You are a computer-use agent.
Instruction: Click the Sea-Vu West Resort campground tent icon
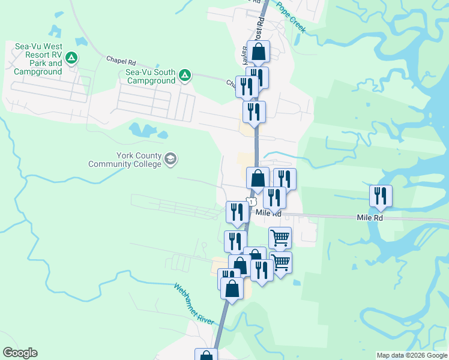(71, 58)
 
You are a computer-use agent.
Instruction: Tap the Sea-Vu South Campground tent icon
(185, 76)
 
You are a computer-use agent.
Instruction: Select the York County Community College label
(125, 160)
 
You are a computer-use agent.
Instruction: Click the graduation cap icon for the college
(170, 158)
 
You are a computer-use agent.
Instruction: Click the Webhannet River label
(194, 304)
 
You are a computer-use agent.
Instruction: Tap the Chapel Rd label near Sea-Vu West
(121, 61)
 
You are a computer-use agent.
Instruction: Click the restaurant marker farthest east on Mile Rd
(381, 196)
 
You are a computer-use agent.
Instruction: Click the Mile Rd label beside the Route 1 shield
(268, 213)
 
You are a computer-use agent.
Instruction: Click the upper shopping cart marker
(280, 238)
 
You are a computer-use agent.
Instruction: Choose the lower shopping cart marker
(280, 262)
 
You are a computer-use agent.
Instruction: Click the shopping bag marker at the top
(258, 52)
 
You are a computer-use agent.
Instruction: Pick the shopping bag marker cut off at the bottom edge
(206, 355)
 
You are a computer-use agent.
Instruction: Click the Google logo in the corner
(20, 353)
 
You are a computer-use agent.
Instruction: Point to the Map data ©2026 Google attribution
(412, 355)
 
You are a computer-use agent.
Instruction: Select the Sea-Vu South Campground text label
(151, 76)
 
